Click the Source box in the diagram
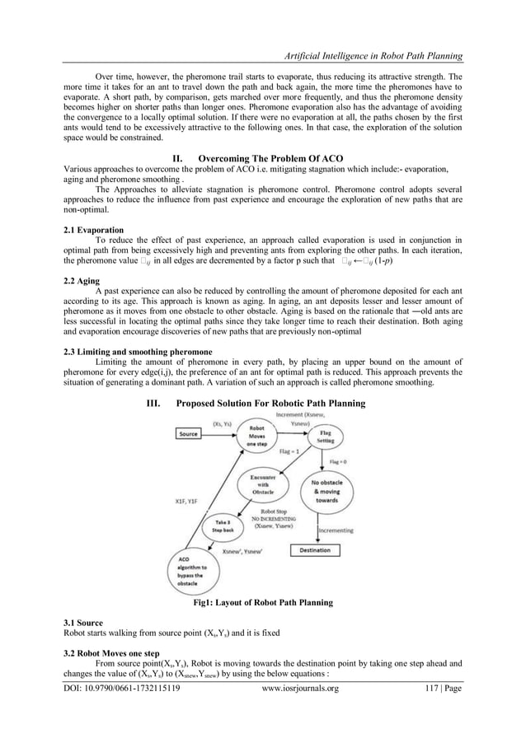point(193,433)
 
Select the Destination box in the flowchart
point(314,549)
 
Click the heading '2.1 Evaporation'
point(93,230)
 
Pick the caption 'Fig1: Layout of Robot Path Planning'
point(262,604)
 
